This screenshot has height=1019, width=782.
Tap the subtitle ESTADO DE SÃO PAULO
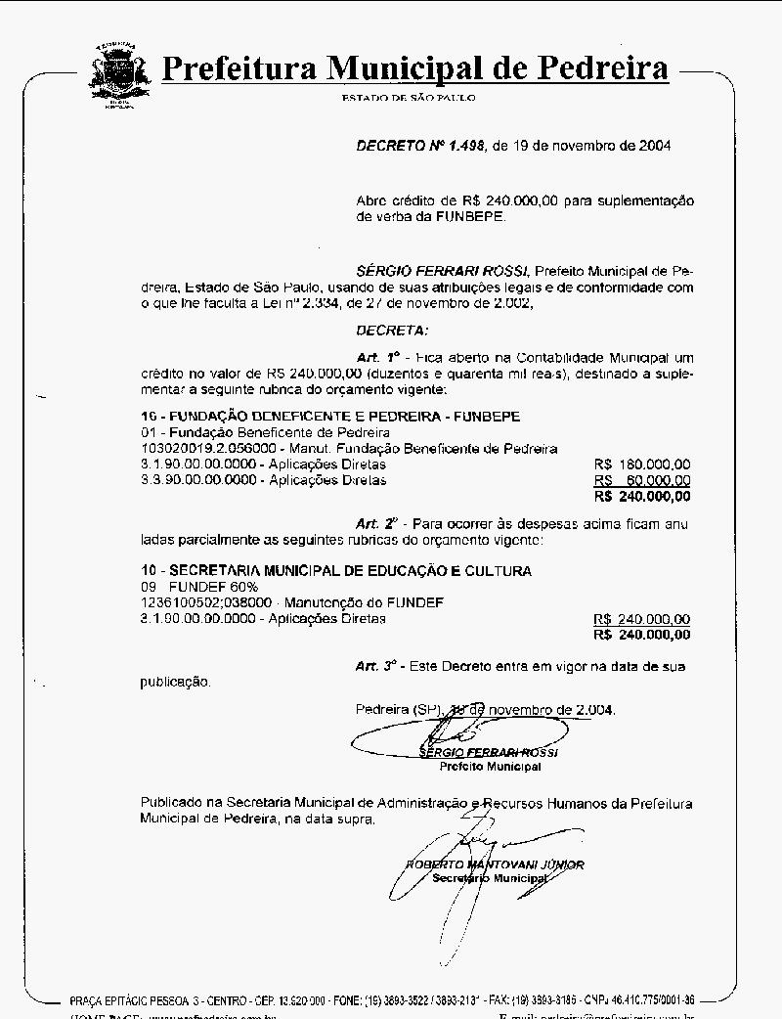409,98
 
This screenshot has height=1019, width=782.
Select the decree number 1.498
463,145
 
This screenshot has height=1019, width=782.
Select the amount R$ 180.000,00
641,465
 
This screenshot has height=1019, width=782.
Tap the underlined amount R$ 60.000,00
641,480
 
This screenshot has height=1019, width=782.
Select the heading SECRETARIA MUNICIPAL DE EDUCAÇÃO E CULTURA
351,570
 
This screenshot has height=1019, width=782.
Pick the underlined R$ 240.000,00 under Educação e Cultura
641,619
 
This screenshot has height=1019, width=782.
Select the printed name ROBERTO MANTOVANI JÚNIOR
496,864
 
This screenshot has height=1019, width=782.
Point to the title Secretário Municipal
491,878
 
